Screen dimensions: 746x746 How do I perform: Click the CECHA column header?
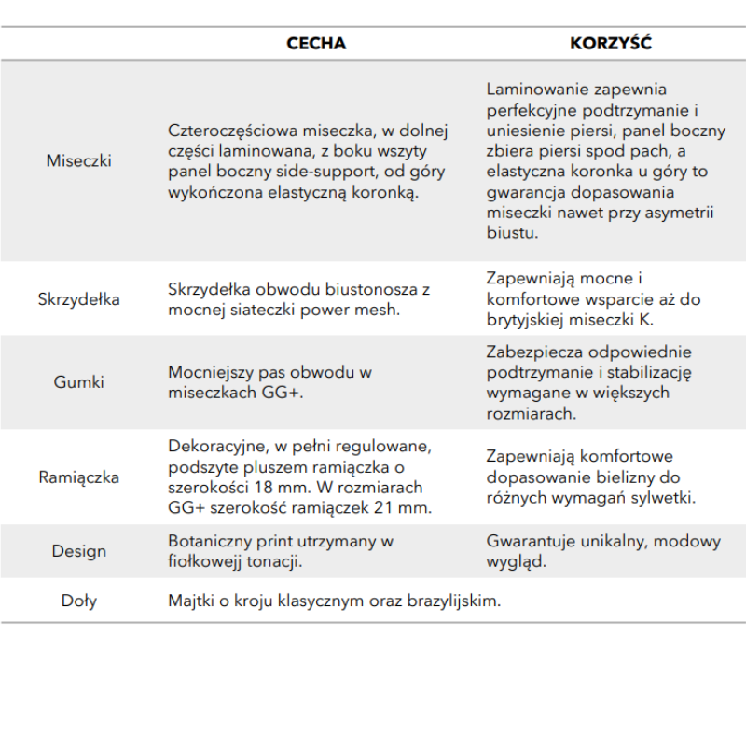point(316,44)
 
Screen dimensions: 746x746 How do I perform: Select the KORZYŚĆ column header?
point(611,44)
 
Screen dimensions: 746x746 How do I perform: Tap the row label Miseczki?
point(79,160)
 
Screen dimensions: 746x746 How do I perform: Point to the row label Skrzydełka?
point(79,299)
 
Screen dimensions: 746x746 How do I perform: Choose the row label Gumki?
point(79,381)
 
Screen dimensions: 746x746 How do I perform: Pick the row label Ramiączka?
point(79,477)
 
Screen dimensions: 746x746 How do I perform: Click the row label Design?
point(79,551)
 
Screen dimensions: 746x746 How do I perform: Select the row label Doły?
point(79,601)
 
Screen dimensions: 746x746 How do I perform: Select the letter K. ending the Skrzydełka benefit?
point(647,320)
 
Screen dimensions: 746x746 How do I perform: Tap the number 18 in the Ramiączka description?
point(269,488)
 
